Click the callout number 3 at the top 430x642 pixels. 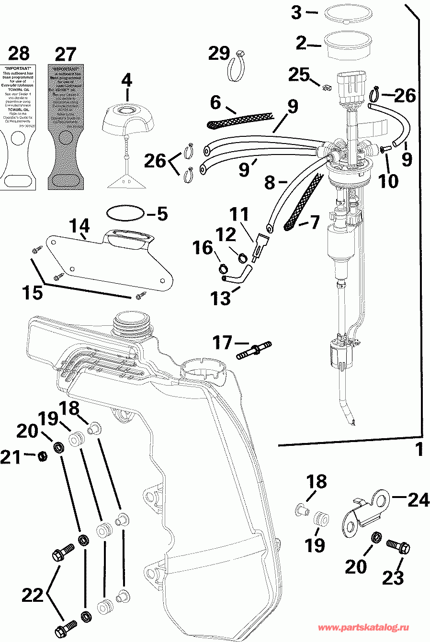click(296, 12)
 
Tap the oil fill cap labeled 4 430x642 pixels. click(127, 122)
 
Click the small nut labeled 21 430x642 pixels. click(43, 456)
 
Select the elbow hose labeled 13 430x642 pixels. click(237, 276)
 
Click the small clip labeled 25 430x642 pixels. click(328, 88)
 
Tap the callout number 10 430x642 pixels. click(388, 181)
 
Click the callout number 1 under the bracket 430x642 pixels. click(419, 450)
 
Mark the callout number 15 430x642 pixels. click(33, 292)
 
